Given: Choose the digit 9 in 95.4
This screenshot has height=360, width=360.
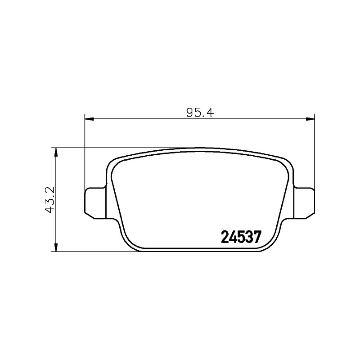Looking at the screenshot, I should pyautogui.click(x=189, y=112).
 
